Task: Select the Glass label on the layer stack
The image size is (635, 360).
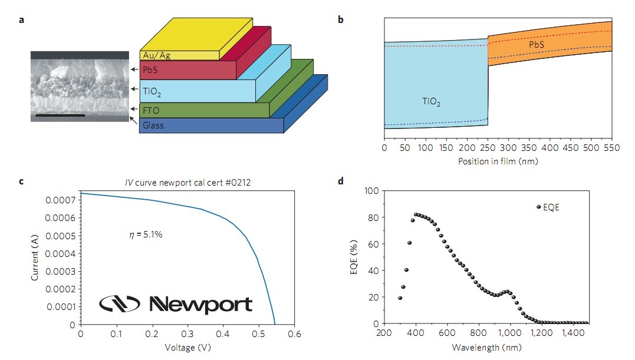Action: coord(153,125)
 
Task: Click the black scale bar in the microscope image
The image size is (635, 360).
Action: coord(60,115)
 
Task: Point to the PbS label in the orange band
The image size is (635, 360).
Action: coord(536,44)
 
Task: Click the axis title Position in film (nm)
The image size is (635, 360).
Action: coord(498,160)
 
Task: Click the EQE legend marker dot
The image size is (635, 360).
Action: coord(538,207)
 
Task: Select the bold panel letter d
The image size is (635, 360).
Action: coord(341,181)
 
